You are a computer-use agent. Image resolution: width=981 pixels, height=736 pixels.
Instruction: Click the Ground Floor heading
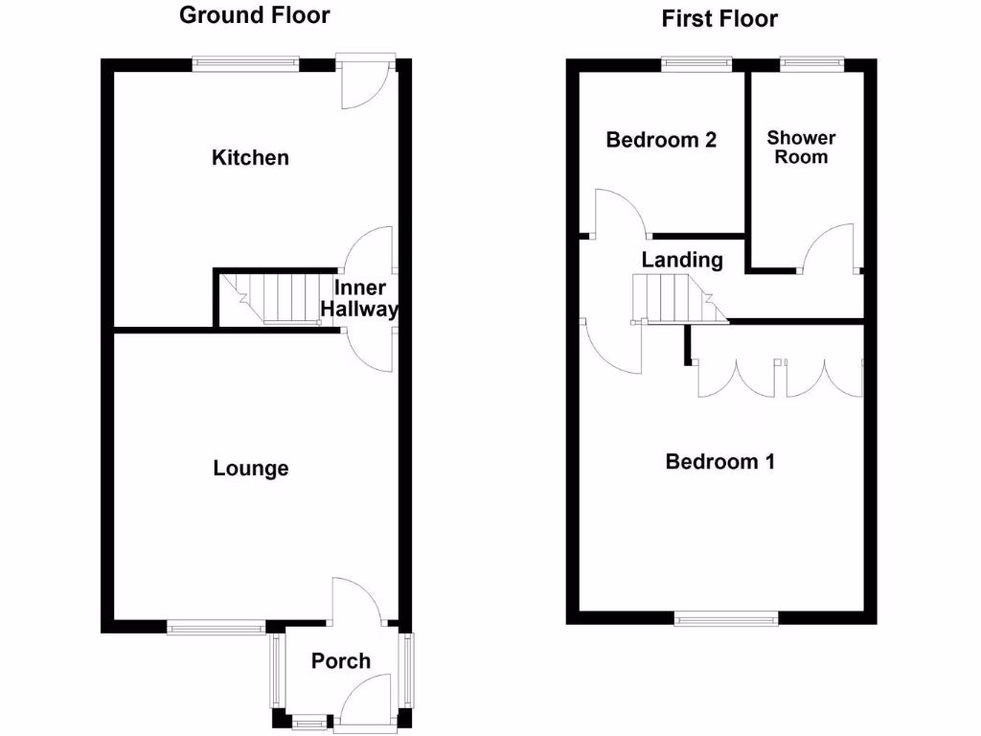pyautogui.click(x=255, y=15)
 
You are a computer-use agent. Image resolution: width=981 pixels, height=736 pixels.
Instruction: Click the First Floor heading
pyautogui.click(x=719, y=18)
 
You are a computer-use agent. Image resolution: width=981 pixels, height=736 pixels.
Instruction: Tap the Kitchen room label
pyautogui.click(x=250, y=157)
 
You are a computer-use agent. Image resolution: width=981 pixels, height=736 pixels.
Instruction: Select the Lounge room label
pyautogui.click(x=251, y=469)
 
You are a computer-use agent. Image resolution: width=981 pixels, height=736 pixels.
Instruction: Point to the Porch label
pyautogui.click(x=341, y=660)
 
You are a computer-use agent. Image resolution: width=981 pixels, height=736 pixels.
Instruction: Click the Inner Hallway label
pyautogui.click(x=359, y=299)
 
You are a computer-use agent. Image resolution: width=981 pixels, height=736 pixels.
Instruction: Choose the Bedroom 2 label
pyautogui.click(x=661, y=140)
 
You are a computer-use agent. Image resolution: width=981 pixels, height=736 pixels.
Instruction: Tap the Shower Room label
pyautogui.click(x=801, y=148)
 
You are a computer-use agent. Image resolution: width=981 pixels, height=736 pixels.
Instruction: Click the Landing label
pyautogui.click(x=682, y=260)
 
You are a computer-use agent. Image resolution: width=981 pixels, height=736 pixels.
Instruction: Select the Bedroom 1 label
pyautogui.click(x=720, y=462)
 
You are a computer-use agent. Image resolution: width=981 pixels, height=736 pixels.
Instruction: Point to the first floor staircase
pyautogui.click(x=676, y=298)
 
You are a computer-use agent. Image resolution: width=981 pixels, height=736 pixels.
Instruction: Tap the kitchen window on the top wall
pyautogui.click(x=245, y=64)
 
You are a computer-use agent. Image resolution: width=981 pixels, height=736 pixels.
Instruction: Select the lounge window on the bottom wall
pyautogui.click(x=217, y=628)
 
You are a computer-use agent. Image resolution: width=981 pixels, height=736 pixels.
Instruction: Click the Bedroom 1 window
pyautogui.click(x=725, y=618)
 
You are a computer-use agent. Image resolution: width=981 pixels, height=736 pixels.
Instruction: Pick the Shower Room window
pyautogui.click(x=811, y=64)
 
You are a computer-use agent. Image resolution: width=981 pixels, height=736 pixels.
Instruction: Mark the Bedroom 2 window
pyautogui.click(x=697, y=64)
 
